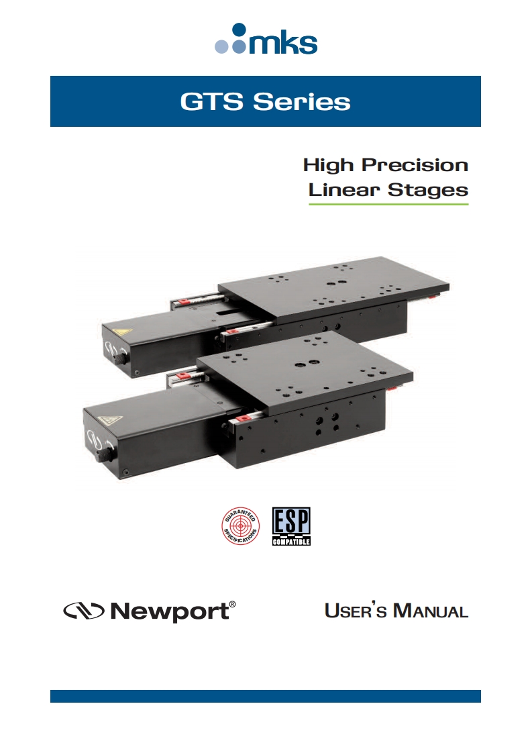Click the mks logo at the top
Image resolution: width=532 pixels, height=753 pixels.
coord(266,39)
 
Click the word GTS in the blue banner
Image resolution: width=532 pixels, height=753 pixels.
coord(212,102)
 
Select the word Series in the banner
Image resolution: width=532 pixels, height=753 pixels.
coord(301,102)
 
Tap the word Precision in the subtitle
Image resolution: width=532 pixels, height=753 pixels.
coord(415,165)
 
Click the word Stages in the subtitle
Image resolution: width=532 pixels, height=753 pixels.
coord(428,190)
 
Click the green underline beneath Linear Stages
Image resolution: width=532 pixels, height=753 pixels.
coord(388,205)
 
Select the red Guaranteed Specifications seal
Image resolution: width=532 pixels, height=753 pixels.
coord(241,526)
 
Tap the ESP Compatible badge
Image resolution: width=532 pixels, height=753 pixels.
coord(291,526)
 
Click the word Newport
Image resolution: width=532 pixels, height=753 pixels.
coord(170,611)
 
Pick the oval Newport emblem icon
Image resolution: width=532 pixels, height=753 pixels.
coord(84,611)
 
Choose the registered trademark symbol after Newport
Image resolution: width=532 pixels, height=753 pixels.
coord(232,604)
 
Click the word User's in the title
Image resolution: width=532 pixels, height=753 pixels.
coord(356,610)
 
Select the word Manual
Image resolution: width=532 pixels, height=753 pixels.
coord(431,610)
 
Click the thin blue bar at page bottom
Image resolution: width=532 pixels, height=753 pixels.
coord(266,697)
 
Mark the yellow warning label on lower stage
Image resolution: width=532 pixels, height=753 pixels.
coord(107,421)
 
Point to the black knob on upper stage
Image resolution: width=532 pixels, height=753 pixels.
coord(121,358)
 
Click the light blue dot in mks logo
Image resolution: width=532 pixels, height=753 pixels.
coord(221,46)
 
